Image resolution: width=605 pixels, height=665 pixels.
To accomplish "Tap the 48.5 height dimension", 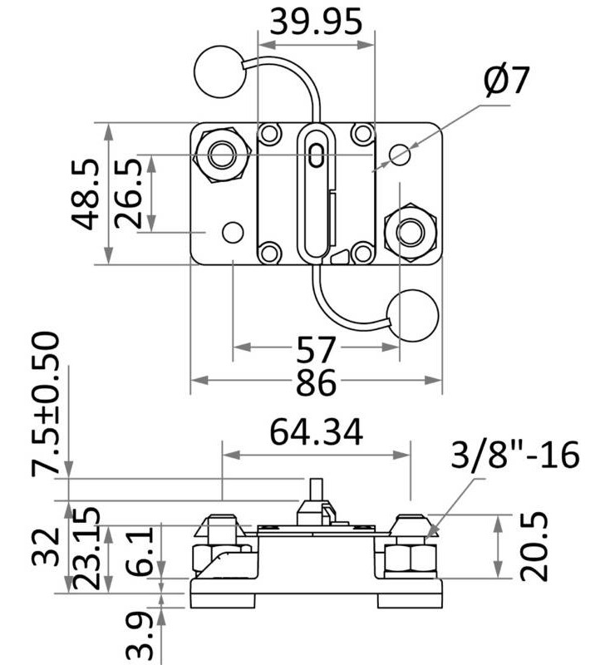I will point(86,194).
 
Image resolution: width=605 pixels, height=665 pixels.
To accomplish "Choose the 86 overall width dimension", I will point(316,384).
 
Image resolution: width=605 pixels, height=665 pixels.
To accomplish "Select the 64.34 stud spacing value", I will point(316,432).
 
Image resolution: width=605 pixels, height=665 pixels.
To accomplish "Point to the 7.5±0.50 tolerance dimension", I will point(47,404).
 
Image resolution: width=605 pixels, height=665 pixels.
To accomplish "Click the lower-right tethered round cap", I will point(413,315).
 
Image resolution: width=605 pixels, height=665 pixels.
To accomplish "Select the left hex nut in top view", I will point(222,154).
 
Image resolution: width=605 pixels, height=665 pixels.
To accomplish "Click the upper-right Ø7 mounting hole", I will point(400,154).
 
